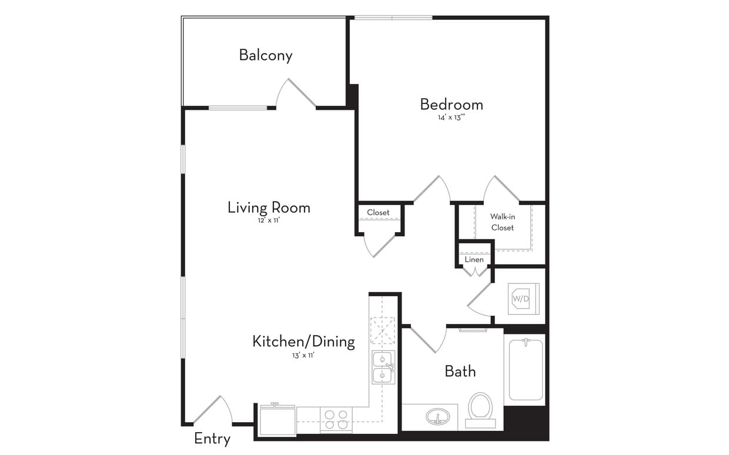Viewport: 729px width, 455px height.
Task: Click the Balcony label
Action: tap(265, 55)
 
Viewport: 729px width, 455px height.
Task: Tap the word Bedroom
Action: tap(451, 105)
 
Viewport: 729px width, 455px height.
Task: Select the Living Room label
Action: tap(269, 208)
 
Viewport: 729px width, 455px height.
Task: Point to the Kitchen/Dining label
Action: tap(303, 342)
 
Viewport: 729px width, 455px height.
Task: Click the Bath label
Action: tap(460, 372)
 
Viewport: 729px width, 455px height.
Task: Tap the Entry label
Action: tap(212, 439)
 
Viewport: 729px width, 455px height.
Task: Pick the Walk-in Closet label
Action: tap(502, 222)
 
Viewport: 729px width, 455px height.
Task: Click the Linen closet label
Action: tap(474, 259)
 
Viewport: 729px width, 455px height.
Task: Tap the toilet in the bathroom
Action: tap(480, 407)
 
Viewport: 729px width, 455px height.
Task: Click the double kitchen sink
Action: tap(383, 367)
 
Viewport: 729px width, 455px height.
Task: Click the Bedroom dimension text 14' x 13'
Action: tap(451, 118)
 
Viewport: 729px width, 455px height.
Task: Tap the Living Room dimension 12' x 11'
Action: tap(269, 221)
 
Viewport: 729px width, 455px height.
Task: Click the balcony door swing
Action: tap(297, 94)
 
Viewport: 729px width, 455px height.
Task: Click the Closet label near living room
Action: tap(378, 212)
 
